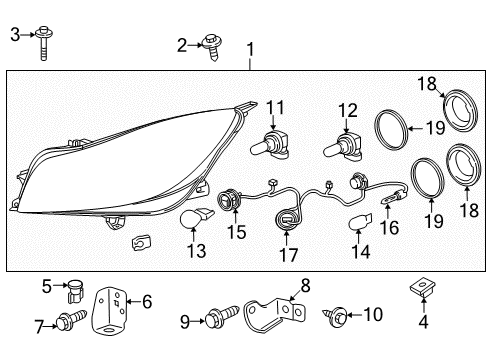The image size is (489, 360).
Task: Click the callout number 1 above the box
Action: click(x=250, y=48)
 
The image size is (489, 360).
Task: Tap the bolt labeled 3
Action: click(x=44, y=43)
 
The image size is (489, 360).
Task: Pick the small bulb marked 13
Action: click(x=194, y=220)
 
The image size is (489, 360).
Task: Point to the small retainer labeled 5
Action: click(x=73, y=295)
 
